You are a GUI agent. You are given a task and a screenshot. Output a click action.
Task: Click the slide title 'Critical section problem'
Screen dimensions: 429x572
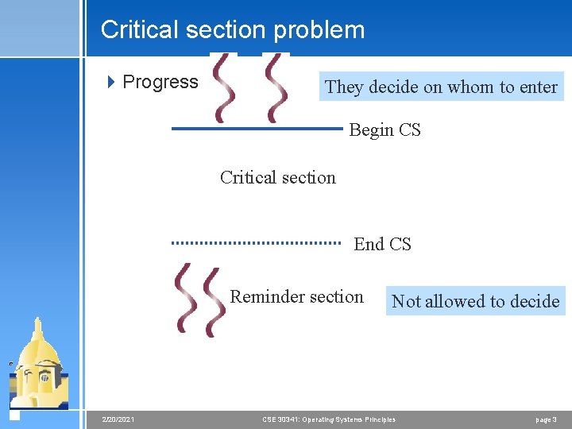pos(233,30)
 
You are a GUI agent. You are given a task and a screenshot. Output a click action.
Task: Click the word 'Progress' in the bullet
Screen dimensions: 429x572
pos(160,82)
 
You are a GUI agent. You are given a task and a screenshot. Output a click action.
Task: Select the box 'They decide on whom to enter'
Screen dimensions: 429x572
pos(441,87)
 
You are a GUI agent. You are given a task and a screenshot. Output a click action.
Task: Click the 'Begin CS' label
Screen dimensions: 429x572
pos(385,130)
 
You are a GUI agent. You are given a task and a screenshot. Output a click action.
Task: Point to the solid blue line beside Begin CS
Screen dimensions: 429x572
pos(257,128)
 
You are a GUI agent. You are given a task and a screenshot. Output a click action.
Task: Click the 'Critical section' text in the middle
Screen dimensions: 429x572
pos(277,177)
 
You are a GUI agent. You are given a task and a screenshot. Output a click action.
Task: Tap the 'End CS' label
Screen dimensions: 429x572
pos(382,245)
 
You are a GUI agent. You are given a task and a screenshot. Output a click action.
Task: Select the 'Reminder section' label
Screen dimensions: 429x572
pos(296,297)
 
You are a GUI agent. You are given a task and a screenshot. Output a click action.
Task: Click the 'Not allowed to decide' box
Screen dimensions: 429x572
pos(475,301)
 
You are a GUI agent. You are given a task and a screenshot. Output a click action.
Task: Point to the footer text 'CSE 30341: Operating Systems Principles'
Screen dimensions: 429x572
pos(328,419)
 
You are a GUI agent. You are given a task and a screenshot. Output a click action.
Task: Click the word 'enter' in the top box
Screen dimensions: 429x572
pos(539,87)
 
